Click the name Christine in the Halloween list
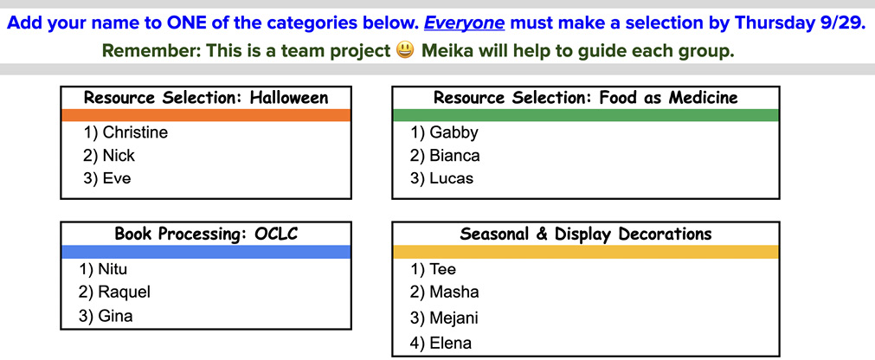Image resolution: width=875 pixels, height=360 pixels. tap(135, 132)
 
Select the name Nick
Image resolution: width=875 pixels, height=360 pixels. tap(119, 156)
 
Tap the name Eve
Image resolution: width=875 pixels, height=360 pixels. tap(117, 179)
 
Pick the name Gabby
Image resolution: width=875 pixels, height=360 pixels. tap(454, 132)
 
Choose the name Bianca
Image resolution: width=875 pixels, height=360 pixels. tap(454, 156)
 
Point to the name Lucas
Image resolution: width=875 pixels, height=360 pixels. tap(452, 179)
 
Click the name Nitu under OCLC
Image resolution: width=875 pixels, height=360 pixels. tap(113, 269)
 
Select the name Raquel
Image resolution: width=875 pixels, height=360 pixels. tap(124, 292)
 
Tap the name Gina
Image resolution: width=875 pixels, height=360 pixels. tap(115, 316)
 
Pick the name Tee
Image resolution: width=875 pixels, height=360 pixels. tap(442, 269)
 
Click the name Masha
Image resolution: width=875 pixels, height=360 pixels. tap(454, 292)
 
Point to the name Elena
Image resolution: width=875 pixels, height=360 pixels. tap(450, 344)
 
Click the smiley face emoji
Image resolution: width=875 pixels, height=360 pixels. tap(405, 51)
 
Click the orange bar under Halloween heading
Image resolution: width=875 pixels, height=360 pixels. tap(206, 115)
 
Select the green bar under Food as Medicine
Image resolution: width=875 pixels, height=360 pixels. tap(586, 115)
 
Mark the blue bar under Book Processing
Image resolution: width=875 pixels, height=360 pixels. tap(206, 252)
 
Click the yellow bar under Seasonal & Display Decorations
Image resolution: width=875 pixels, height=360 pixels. tap(586, 252)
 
